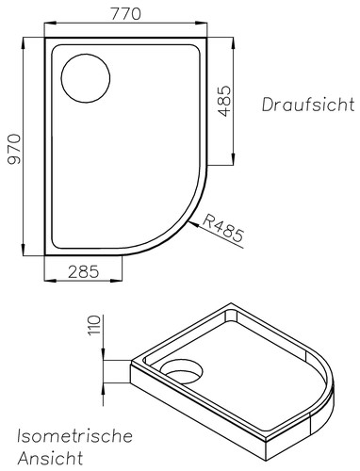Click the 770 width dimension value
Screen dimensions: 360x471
point(125,13)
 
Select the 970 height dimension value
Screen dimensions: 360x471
point(14,149)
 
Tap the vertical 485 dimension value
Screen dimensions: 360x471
point(224,101)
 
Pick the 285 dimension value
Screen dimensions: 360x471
point(84,271)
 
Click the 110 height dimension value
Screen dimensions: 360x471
point(94,325)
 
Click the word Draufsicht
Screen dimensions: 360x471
point(308,105)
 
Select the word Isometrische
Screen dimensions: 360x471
point(74,436)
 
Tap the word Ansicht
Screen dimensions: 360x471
point(50,458)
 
